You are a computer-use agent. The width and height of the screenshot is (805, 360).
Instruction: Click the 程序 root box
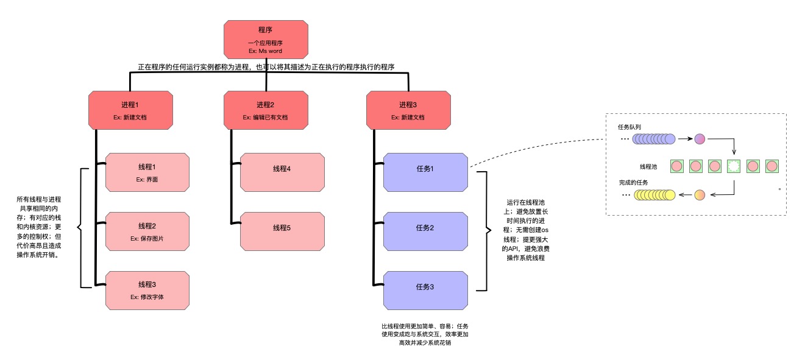coord(265,41)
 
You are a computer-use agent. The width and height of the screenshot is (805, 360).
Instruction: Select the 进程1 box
coord(130,110)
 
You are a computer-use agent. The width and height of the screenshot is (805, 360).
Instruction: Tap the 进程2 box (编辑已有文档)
coord(265,110)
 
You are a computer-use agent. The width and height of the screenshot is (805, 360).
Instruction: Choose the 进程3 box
coord(408,110)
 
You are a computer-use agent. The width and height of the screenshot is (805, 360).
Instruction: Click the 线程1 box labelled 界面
coord(147,172)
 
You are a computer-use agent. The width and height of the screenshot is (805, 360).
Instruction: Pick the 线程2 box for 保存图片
coord(147,231)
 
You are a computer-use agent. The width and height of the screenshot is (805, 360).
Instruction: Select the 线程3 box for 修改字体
coord(147,290)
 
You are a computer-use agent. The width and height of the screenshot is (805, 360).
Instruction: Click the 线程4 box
coord(282,172)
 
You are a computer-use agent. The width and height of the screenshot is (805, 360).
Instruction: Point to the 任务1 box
coord(425,172)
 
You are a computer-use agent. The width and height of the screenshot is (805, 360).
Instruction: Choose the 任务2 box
coord(425,231)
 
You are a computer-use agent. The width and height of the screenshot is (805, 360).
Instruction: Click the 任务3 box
coord(425,290)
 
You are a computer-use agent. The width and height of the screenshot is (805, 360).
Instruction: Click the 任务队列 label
coord(629,127)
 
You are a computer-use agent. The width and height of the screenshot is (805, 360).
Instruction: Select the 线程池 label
coord(648,166)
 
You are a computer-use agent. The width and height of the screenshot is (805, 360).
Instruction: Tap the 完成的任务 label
coord(633,183)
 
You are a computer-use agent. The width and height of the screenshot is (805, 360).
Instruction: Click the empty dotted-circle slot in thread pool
coord(734,166)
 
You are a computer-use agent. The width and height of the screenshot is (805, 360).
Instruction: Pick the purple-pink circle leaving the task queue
coord(700,139)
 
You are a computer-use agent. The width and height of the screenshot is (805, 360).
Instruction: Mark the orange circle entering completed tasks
coord(700,195)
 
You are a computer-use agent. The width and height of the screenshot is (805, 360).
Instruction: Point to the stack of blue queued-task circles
coord(654,139)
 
